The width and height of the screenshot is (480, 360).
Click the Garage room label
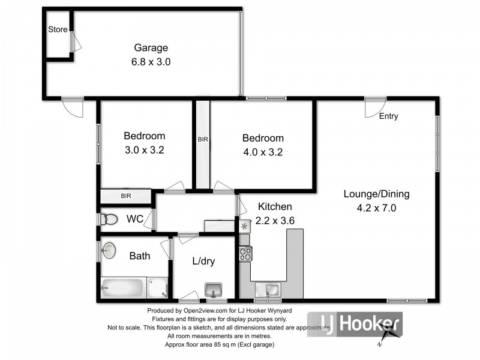pyautogui.click(x=151, y=48)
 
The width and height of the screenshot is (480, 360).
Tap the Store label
pyautogui.click(x=58, y=29)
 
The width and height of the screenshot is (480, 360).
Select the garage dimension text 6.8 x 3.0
pyautogui.click(x=151, y=61)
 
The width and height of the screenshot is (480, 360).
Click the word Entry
pyautogui.click(x=388, y=116)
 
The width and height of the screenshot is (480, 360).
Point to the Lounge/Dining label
pyautogui.click(x=376, y=194)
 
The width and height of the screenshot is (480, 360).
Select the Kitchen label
pyautogui.click(x=274, y=206)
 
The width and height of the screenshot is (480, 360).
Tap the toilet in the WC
pyautogui.click(x=109, y=220)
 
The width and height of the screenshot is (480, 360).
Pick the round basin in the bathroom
pyautogui.click(x=109, y=250)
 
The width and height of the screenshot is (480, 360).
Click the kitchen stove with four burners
pyautogui.click(x=246, y=254)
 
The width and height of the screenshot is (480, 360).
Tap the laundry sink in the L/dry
pyautogui.click(x=213, y=290)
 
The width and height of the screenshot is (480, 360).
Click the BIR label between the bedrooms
pyautogui.click(x=203, y=139)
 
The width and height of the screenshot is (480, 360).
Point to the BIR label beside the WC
pyautogui.click(x=126, y=196)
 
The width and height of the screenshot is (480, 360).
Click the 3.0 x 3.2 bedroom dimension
pyautogui.click(x=144, y=151)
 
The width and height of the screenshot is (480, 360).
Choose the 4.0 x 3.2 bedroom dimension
pyautogui.click(x=262, y=152)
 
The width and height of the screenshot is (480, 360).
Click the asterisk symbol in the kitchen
pyautogui.click(x=244, y=227)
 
